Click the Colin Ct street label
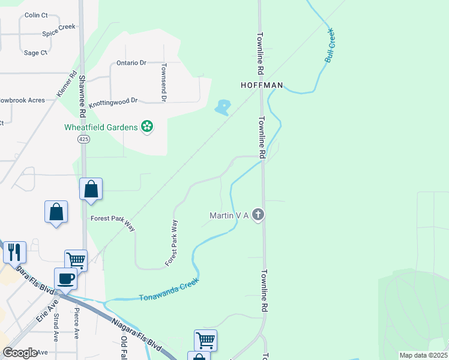pyautogui.click(x=36, y=15)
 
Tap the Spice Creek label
pyautogui.click(x=58, y=28)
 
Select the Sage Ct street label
pyautogui.click(x=35, y=53)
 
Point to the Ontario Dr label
pyautogui.click(x=131, y=63)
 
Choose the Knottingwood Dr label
pyautogui.click(x=113, y=103)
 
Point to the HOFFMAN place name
pyautogui.click(x=262, y=86)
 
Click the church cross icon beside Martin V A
pyautogui.click(x=258, y=215)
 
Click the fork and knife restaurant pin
pyautogui.click(x=14, y=253)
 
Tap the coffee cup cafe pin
pyautogui.click(x=65, y=278)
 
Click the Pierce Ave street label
pyautogui.click(x=76, y=324)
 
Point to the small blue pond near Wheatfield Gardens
pyautogui.click(x=223, y=108)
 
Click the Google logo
pyautogui.click(x=20, y=352)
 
